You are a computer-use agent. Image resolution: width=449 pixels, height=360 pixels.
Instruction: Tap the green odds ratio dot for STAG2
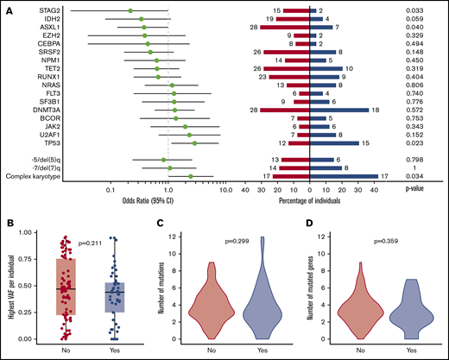pos(130,10)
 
